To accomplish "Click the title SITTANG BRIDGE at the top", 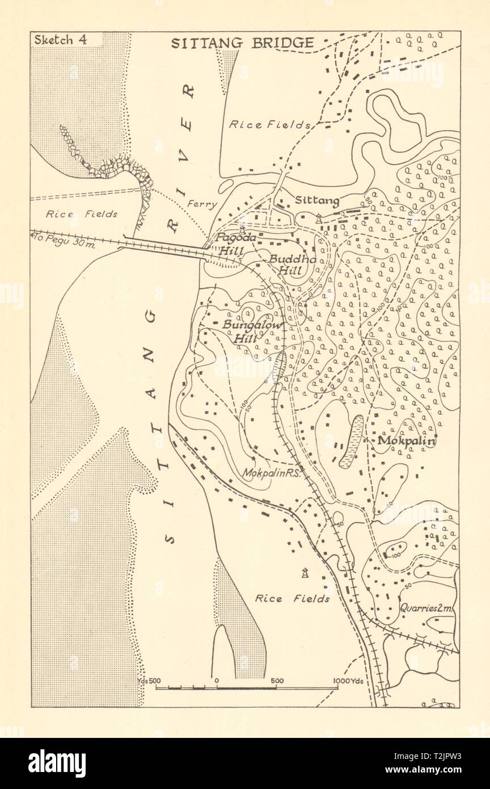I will (242, 43).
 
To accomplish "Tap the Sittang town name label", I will (317, 200).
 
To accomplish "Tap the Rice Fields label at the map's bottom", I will (292, 598).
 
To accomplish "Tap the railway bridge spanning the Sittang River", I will (164, 248).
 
